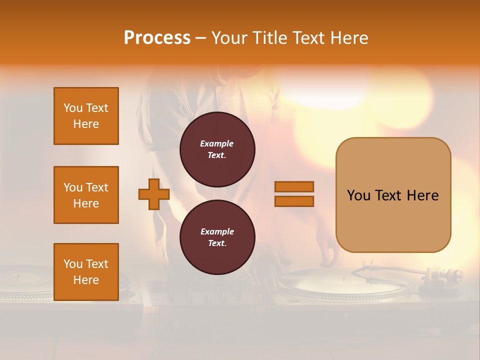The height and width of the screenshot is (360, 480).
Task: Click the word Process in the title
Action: coord(157,38)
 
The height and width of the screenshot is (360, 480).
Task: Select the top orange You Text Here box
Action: coord(86,116)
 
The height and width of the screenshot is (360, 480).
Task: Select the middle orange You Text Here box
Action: coord(86,195)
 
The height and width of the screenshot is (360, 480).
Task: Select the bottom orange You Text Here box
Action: coord(86,272)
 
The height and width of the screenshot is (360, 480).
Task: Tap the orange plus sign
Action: coord(154,194)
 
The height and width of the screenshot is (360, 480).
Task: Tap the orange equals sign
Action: coord(294,194)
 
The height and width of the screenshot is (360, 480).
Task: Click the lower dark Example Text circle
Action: coord(217,237)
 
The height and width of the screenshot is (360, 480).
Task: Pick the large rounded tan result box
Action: coord(393,195)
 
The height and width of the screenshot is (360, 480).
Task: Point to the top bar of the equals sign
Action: coord(294,186)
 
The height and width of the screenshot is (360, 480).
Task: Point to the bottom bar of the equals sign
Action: coord(294,201)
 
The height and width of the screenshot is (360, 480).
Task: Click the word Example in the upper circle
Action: coord(217,144)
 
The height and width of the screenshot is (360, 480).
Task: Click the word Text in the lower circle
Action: coord(216,243)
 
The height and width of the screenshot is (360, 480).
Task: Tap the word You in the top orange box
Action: coord(72,108)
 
